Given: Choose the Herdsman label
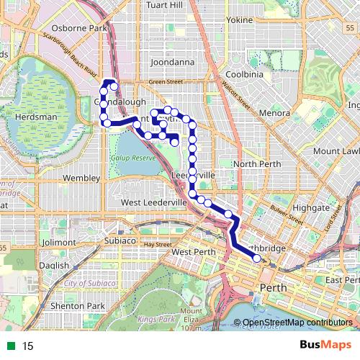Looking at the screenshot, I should (32, 117).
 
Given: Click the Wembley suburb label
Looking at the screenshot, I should (81, 177).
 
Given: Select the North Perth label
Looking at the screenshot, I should (256, 164).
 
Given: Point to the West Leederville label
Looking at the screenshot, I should (154, 203).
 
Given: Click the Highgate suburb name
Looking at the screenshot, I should (312, 207).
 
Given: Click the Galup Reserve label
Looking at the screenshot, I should (133, 158).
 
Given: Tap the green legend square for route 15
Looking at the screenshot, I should (12, 346).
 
